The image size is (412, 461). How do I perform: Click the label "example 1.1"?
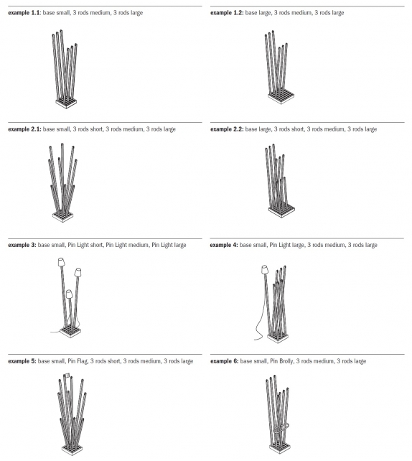click(x=24, y=13)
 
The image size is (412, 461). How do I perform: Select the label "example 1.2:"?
click(x=226, y=13)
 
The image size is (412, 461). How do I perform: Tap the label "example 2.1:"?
click(x=24, y=129)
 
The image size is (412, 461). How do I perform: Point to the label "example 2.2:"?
click(x=227, y=129)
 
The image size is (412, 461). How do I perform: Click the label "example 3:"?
click(x=22, y=245)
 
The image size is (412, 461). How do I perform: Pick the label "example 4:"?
click(x=224, y=245)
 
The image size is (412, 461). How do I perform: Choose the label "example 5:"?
click(x=22, y=360)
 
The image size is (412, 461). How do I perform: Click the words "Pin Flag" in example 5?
click(x=80, y=360)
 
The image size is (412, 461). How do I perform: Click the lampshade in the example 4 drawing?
click(x=263, y=269)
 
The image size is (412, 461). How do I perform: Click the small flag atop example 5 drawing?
click(x=67, y=376)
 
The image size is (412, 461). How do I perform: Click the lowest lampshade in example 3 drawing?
click(x=69, y=294)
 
